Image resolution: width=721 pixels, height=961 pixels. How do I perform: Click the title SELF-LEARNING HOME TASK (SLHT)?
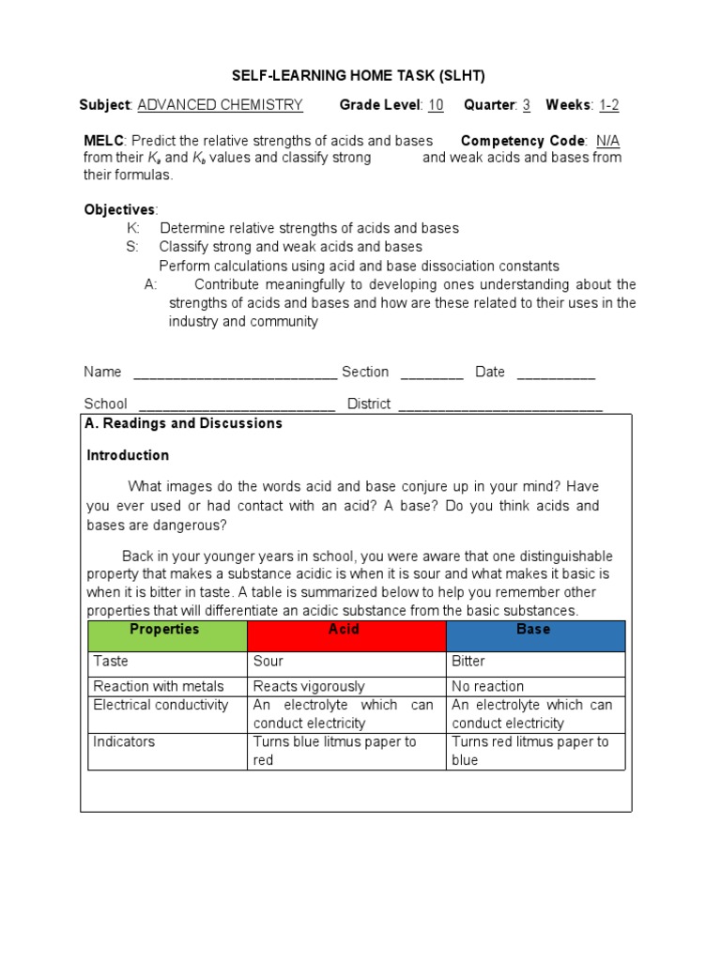(360, 76)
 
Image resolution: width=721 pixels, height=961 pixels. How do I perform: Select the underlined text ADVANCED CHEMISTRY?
(220, 105)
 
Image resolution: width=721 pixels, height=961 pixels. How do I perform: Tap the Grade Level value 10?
(436, 105)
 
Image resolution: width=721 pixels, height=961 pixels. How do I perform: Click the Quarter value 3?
(527, 105)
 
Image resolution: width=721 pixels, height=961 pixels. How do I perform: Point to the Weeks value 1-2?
(608, 105)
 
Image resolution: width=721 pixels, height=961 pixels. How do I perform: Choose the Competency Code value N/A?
(608, 141)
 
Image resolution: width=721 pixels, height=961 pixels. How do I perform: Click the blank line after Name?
(235, 374)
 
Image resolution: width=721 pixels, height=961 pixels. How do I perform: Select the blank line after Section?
(432, 374)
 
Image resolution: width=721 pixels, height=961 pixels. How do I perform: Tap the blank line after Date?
(556, 374)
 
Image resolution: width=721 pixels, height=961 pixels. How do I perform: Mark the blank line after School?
(237, 405)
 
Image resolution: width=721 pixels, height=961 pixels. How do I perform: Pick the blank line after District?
(500, 405)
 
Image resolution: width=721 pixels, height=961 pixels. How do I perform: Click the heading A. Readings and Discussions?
(183, 423)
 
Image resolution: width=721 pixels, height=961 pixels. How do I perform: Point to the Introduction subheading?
(128, 455)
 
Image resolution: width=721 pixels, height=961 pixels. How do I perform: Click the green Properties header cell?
(167, 635)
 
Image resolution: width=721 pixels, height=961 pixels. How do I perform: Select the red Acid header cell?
(345, 635)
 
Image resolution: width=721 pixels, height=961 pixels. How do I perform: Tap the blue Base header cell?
(535, 635)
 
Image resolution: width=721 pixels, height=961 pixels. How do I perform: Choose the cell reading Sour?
(268, 662)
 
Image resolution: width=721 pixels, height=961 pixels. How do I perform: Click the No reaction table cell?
(487, 686)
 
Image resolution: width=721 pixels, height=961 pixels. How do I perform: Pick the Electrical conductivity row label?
(161, 705)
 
